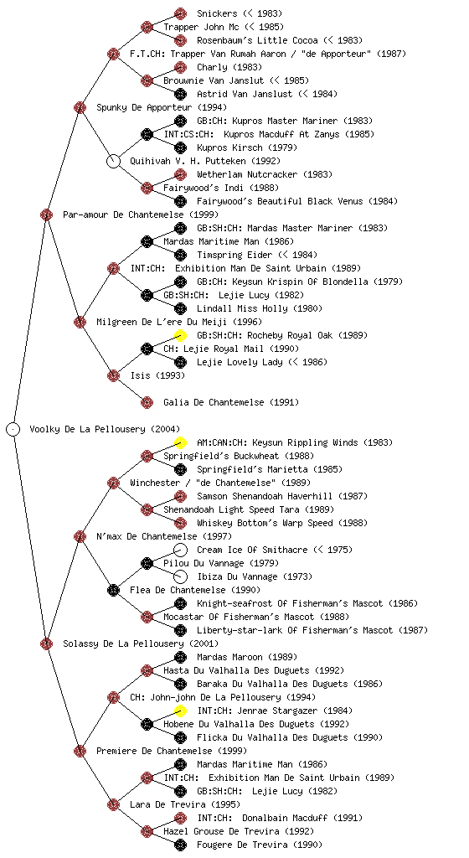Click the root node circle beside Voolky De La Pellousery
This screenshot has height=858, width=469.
(13, 429)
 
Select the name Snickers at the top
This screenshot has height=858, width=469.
(217, 13)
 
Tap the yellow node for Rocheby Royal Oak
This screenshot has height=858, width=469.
(180, 335)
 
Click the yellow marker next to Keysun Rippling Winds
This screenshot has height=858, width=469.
(180, 442)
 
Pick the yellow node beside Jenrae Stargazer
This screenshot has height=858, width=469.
(180, 711)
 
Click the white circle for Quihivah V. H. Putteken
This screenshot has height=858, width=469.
(112, 161)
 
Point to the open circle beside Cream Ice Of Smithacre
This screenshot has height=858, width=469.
(180, 550)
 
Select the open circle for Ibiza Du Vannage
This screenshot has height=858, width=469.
(180, 576)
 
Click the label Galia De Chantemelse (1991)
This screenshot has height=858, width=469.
(231, 402)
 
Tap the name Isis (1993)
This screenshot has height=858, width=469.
(157, 375)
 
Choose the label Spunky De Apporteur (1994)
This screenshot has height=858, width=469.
(162, 107)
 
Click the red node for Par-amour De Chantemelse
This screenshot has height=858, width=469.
(46, 214)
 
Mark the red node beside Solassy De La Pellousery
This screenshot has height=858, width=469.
(46, 643)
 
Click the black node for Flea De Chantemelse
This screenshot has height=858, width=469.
(112, 590)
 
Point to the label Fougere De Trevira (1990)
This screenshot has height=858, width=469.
(260, 845)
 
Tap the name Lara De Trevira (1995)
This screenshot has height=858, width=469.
(185, 804)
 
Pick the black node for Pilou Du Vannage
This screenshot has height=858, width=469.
(146, 563)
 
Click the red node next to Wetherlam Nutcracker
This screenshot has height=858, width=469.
(180, 174)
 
